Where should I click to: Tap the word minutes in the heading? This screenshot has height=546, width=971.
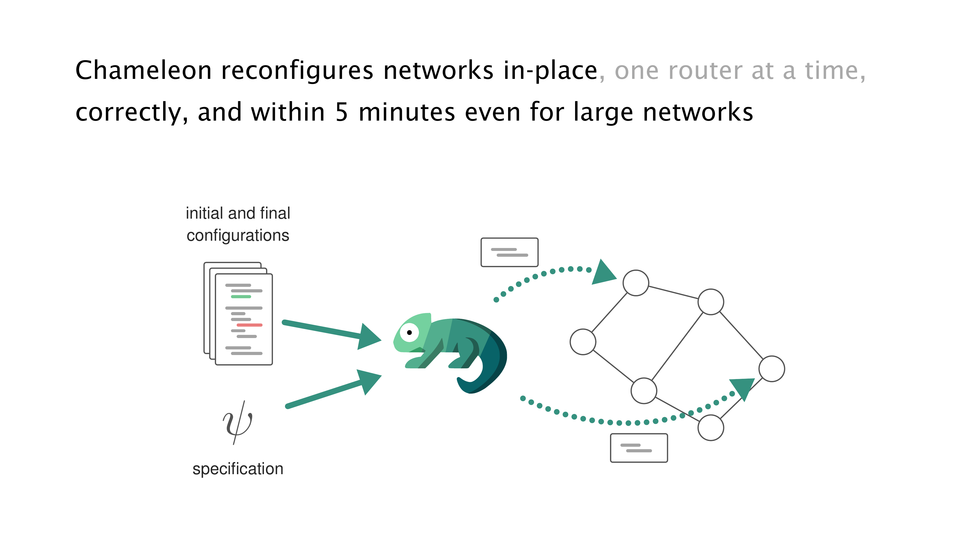[x=407, y=112]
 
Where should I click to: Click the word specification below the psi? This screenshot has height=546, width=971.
[x=238, y=469]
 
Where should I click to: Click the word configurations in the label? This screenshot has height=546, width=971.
[x=238, y=235]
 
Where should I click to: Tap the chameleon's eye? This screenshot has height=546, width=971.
[x=409, y=332]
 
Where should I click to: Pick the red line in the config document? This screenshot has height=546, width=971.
[x=249, y=325]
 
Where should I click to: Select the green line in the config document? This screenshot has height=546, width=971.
[x=241, y=297]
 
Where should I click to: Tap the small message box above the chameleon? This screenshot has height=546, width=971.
[x=509, y=252]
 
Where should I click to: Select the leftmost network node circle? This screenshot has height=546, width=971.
[x=583, y=342]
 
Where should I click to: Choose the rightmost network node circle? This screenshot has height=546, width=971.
[x=772, y=369]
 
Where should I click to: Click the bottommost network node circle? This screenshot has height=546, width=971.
[x=711, y=427]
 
